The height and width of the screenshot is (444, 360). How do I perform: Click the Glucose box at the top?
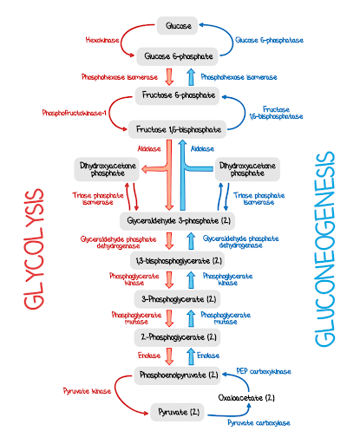point(180,27)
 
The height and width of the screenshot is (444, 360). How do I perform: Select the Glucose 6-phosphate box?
point(180,55)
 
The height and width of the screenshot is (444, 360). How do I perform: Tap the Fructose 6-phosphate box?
point(180,95)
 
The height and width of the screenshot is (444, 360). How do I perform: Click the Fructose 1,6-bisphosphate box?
point(180,129)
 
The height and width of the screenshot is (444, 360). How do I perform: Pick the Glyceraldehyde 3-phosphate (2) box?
point(179,220)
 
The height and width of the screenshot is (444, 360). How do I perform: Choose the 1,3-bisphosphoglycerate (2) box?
point(179,259)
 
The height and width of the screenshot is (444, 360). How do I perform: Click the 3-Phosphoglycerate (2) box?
point(179,297)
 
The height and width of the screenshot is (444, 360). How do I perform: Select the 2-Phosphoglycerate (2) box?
point(179,336)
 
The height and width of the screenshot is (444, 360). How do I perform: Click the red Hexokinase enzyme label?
point(102,40)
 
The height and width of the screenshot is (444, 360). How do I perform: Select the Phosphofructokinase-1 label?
point(75,113)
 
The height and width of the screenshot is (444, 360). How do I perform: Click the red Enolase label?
point(149,355)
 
